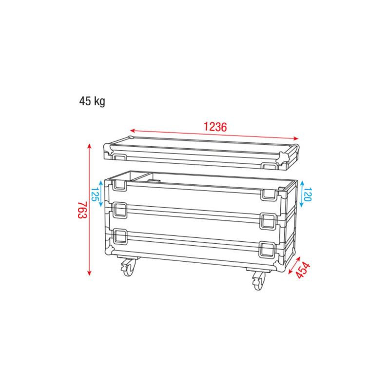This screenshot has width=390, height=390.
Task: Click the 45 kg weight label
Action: point(92,101)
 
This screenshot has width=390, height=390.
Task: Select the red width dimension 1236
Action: point(215,127)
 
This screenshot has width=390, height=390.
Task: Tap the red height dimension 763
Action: point(82,210)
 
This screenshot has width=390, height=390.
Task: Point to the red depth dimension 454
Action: point(303,270)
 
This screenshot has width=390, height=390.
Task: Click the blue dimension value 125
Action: point(95,194)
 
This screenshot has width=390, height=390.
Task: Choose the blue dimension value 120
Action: point(308,194)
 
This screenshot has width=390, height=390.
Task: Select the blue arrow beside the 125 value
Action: point(101,194)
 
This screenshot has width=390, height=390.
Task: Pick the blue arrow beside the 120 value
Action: point(302,194)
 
